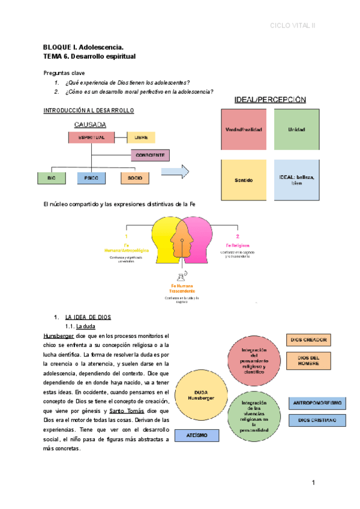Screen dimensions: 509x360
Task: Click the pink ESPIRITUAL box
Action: (x=92, y=137)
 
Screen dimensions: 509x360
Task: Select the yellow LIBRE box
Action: (x=141, y=137)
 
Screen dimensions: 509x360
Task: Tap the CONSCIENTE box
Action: (x=150, y=156)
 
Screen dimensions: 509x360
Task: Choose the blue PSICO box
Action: (x=92, y=178)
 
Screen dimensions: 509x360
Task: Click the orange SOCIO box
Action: (x=134, y=178)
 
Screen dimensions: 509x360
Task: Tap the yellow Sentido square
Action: (x=243, y=180)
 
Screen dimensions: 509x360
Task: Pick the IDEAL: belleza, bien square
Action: (x=296, y=180)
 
